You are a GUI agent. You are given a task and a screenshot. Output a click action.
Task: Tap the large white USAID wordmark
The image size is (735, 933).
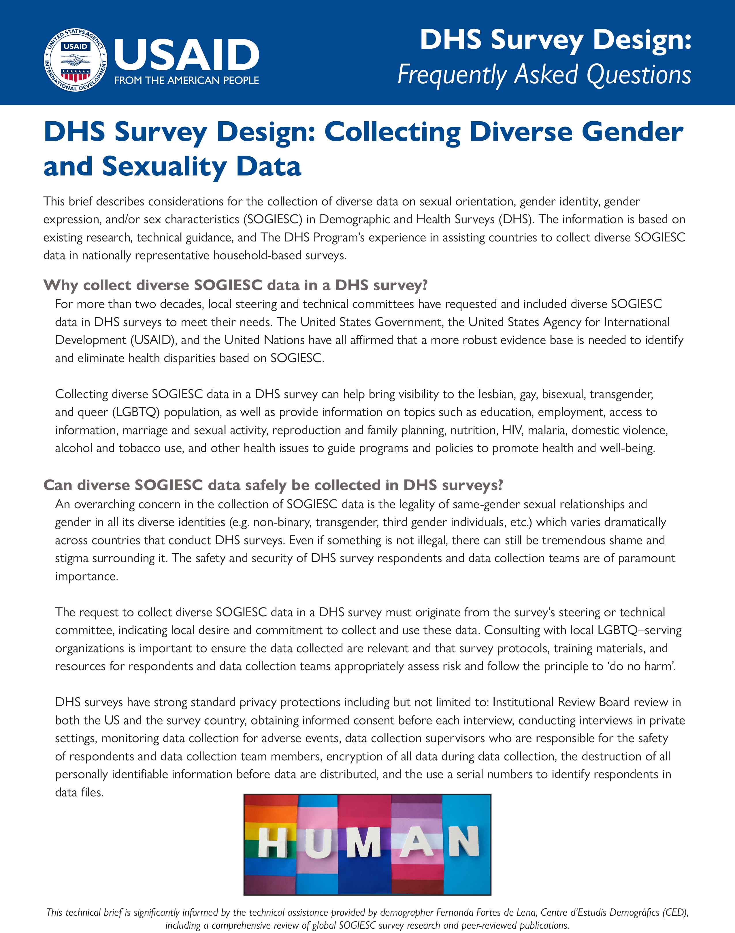click(186, 55)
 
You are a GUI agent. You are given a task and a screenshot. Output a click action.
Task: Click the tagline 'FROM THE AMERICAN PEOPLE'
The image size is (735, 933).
click(186, 80)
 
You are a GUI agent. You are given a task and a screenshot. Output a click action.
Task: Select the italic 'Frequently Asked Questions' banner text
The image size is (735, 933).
click(544, 74)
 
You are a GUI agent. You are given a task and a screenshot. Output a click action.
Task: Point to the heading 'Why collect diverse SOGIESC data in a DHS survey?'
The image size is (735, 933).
click(235, 285)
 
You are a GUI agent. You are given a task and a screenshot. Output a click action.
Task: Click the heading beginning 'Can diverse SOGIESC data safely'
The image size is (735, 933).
click(273, 485)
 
